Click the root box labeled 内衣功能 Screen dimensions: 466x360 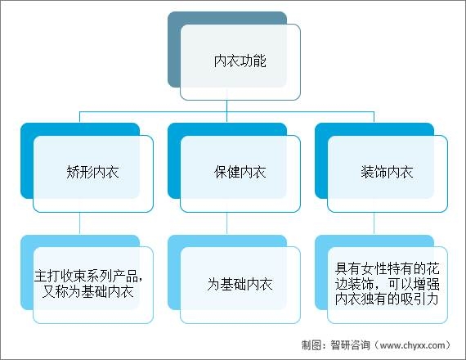[x=240, y=61]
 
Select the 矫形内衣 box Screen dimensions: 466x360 [x=93, y=173]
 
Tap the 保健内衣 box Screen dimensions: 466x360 [x=240, y=173]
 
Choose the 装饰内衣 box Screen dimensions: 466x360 [x=388, y=173]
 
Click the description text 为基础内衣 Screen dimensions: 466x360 [x=240, y=284]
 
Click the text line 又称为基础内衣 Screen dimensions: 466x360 [x=87, y=291]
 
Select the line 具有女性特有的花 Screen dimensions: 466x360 [x=388, y=269]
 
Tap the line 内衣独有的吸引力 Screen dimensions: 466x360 [x=387, y=299]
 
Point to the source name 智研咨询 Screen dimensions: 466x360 [x=351, y=345]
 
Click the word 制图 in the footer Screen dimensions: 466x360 [x=311, y=345]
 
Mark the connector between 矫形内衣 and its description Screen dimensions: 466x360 [x=79, y=223]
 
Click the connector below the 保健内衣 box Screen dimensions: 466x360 [x=226, y=223]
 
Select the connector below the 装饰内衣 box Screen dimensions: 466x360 [x=374, y=223]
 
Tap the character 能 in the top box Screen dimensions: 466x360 [x=260, y=61]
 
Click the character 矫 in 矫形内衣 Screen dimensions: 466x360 [x=73, y=173]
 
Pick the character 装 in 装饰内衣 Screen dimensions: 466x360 [x=367, y=173]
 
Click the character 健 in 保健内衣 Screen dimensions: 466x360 [x=234, y=173]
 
